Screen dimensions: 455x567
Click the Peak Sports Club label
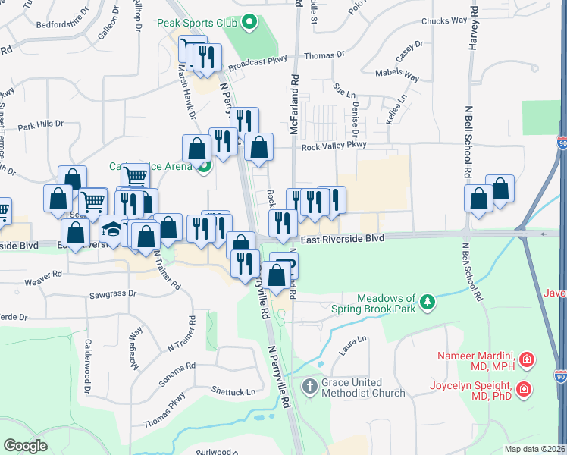[199, 24]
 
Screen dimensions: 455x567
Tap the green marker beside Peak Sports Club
[250, 24]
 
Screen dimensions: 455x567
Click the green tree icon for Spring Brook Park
[428, 303]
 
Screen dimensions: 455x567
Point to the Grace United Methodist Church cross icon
[309, 388]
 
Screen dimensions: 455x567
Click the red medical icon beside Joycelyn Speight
[523, 390]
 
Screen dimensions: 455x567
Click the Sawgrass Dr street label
[112, 293]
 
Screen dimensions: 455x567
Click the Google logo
[24, 446]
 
